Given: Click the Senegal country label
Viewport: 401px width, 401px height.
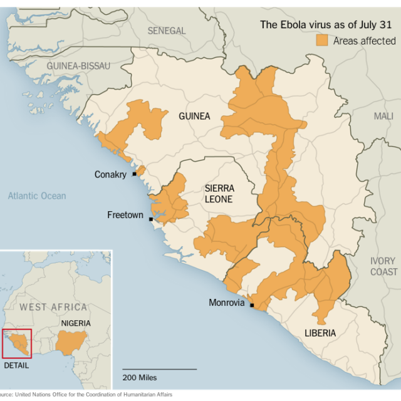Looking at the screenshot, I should click(167, 31).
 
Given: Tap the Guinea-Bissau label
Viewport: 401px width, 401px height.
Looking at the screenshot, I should click(78, 66).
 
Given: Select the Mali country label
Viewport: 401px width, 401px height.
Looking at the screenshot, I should click(383, 116).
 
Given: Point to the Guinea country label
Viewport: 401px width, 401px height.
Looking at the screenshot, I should click(194, 116).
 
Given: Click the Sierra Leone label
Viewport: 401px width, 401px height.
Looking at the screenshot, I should click(219, 194).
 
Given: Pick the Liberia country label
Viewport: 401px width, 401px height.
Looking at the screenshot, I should click(320, 333).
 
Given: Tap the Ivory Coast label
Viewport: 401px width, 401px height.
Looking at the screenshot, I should click(383, 266).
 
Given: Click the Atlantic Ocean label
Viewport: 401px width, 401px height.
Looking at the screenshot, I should click(37, 196).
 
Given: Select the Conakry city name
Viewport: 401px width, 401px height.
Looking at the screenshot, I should click(110, 174).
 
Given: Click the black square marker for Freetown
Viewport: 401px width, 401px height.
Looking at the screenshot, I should click(151, 219).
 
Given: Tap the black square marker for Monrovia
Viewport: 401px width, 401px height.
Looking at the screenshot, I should click(252, 305).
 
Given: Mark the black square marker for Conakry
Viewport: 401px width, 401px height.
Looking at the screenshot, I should click(134, 174).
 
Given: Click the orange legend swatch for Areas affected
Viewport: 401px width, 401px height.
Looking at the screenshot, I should click(322, 41).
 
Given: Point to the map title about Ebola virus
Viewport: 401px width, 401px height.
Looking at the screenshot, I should click(328, 25).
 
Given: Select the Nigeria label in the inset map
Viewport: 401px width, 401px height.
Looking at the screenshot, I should click(75, 323).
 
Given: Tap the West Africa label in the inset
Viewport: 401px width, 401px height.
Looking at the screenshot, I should click(53, 307).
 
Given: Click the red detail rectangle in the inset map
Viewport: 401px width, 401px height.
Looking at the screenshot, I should click(18, 342).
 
